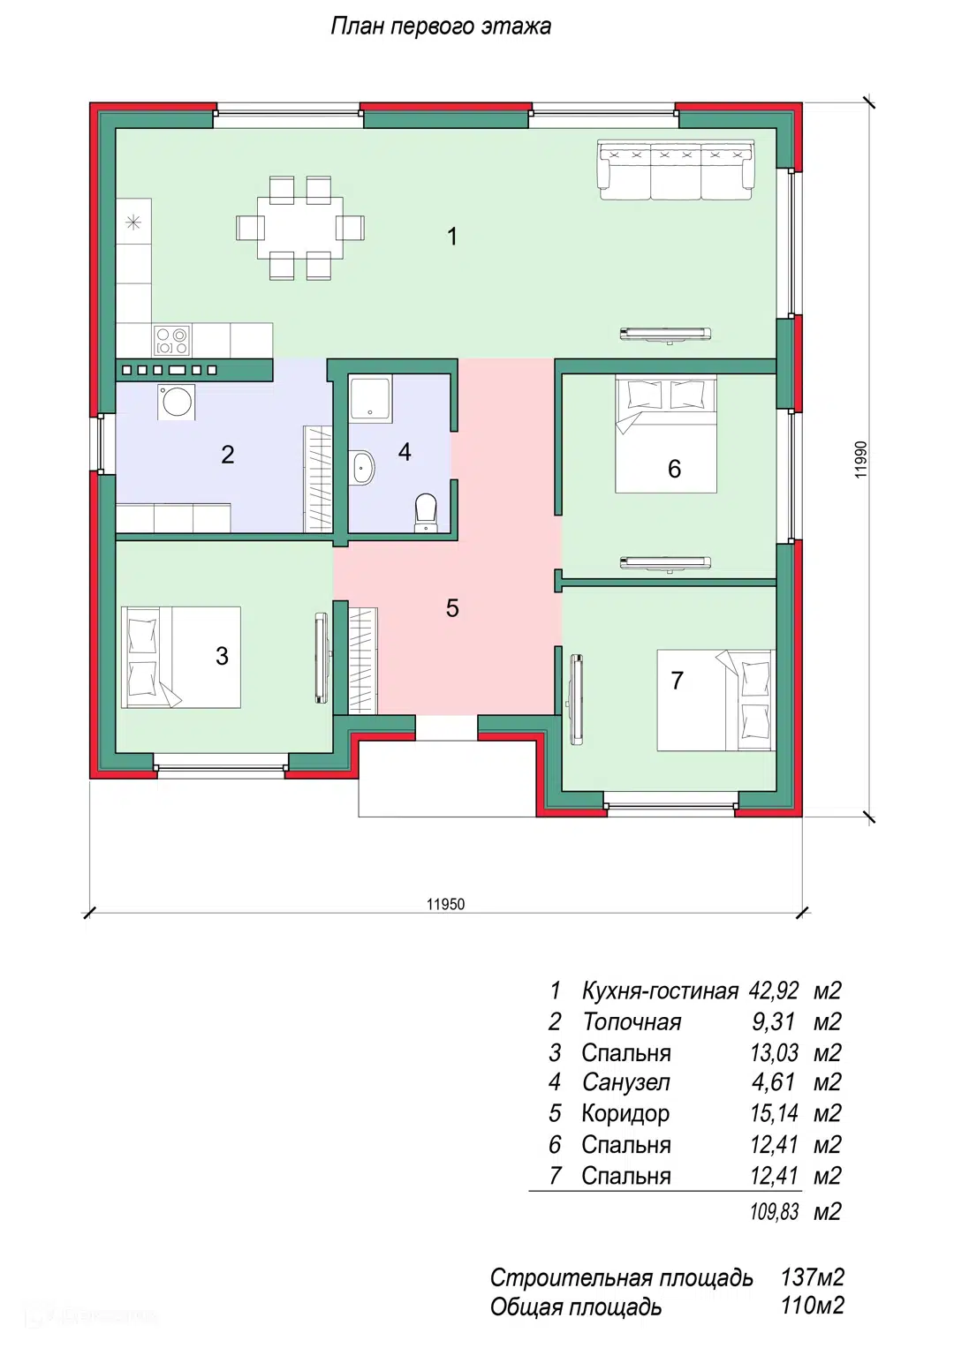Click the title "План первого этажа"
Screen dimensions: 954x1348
[x=441, y=27]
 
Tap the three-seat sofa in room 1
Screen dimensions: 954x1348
[x=676, y=169]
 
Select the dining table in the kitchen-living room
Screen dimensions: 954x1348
[x=300, y=228]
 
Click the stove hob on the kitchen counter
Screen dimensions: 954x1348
[x=171, y=341]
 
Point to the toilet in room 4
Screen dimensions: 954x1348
[x=426, y=513]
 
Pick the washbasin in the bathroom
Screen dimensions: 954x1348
[x=363, y=466]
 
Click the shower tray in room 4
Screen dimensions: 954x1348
[x=370, y=397]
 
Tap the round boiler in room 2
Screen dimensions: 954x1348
[x=177, y=402]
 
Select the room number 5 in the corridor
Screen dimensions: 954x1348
[x=452, y=608]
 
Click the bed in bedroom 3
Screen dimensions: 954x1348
[x=181, y=657]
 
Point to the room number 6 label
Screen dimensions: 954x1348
[x=674, y=469]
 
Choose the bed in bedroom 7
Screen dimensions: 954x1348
[x=715, y=700]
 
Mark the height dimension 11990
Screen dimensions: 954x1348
[x=860, y=460]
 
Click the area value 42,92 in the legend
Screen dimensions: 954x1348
[x=774, y=990]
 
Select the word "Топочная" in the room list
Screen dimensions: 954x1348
[x=632, y=1022]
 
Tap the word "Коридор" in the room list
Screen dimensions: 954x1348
[x=625, y=1114]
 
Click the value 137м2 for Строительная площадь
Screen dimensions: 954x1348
[x=813, y=1276]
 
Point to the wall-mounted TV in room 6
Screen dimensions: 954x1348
[x=665, y=562]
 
